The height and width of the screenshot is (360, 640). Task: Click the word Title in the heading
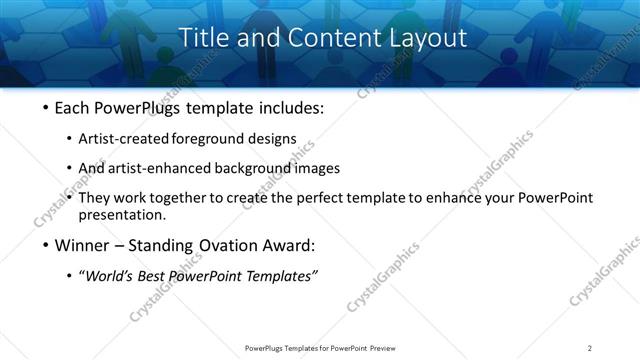203,39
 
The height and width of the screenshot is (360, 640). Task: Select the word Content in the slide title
318,39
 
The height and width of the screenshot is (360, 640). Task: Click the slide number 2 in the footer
590,348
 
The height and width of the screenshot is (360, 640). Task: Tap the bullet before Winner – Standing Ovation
43,245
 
